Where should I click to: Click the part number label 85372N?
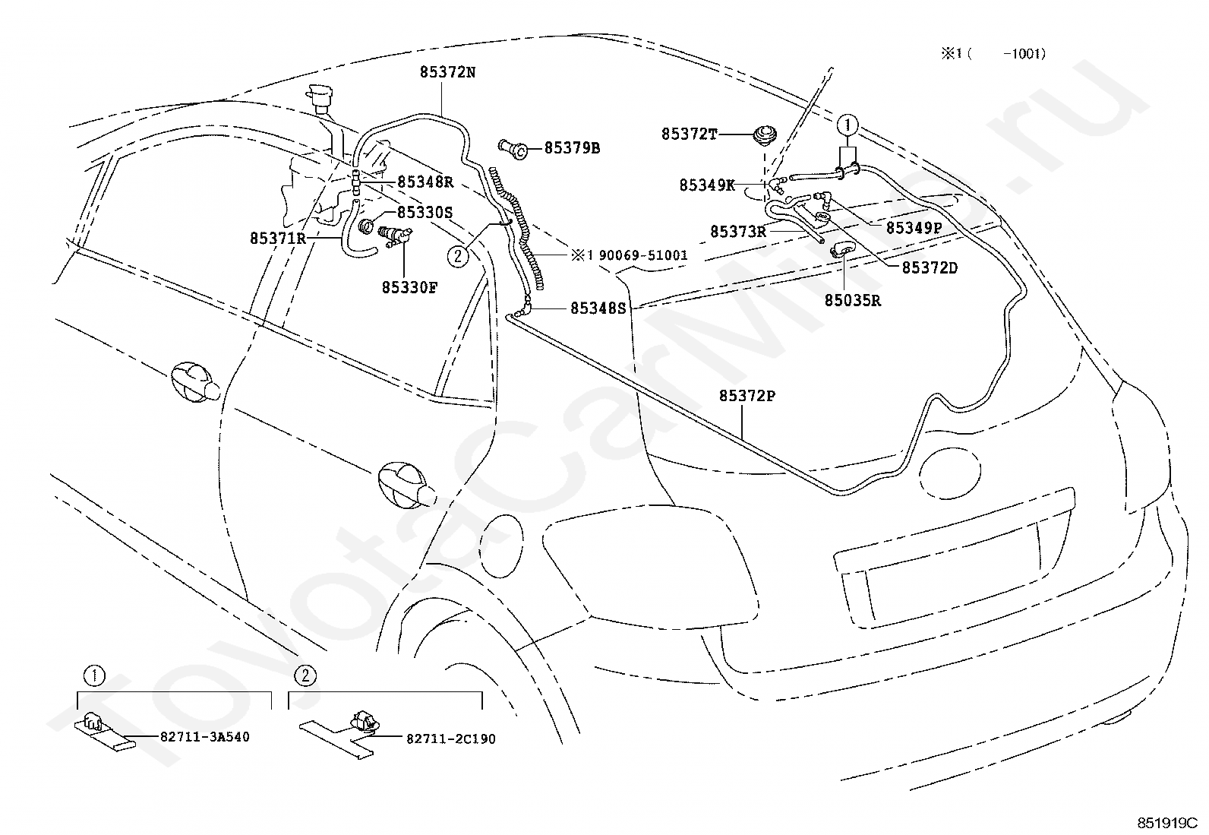point(447,72)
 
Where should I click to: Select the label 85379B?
point(572,148)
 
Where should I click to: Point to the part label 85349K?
point(707,185)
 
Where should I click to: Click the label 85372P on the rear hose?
point(747,396)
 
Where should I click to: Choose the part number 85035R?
point(853,300)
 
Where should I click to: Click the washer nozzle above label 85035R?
point(844,249)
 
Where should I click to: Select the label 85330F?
point(409,287)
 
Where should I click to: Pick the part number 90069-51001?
point(643,255)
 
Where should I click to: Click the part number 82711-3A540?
point(205,737)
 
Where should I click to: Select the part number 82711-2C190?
point(450,739)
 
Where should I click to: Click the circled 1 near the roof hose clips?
point(848,126)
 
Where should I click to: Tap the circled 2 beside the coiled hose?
point(458,256)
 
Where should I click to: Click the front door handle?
point(195,382)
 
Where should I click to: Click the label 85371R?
point(278,238)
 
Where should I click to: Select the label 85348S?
point(598,308)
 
